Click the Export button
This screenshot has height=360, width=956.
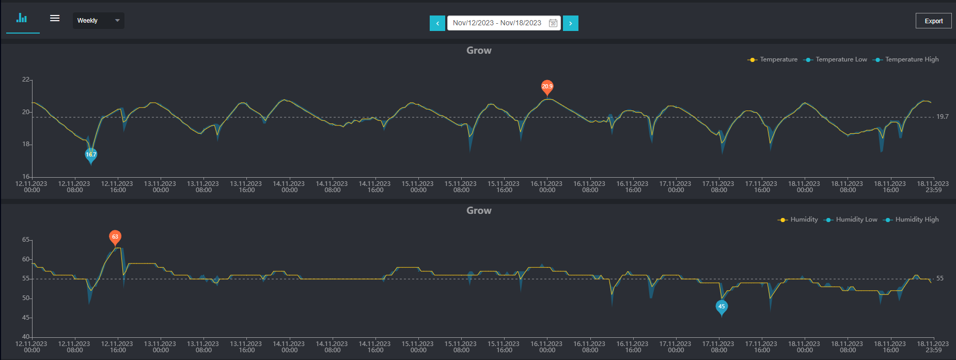(x=933, y=21)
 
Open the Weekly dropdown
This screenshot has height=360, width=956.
(x=98, y=21)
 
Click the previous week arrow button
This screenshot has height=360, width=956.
(x=437, y=23)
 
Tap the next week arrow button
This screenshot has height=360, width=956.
(x=571, y=23)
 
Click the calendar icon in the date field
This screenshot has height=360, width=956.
(x=553, y=23)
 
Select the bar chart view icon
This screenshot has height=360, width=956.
(x=22, y=18)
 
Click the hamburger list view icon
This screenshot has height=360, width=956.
(x=55, y=18)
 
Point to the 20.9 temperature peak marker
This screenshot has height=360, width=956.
(x=547, y=87)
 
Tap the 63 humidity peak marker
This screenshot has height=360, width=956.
(x=115, y=238)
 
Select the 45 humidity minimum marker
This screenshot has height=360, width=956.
(x=722, y=307)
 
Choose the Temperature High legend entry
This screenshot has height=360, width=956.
(x=906, y=59)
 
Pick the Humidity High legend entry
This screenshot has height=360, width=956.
(x=911, y=220)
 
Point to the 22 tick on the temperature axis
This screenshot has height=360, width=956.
(x=26, y=80)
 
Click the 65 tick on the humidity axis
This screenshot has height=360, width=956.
(x=26, y=240)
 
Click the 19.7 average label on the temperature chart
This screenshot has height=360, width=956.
(x=943, y=117)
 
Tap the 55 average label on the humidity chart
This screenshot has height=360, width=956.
(x=940, y=278)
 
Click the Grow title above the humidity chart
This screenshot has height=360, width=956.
(x=479, y=211)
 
